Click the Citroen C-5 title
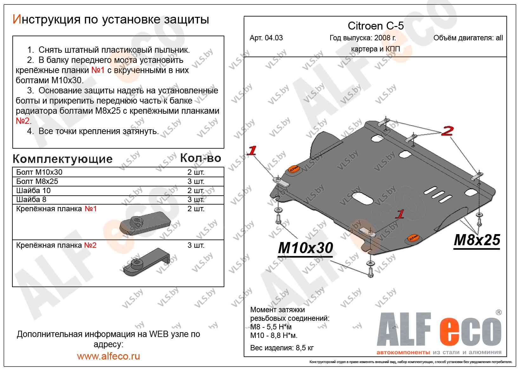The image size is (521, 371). click(x=376, y=26)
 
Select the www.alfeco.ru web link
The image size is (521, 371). click(x=108, y=356)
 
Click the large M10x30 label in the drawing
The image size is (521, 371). click(x=305, y=248)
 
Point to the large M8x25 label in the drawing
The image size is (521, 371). click(x=477, y=240)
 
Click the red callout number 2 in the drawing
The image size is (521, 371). click(x=447, y=131)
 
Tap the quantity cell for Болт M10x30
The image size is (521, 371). click(x=196, y=172)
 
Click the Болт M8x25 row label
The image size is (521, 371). click(x=37, y=181)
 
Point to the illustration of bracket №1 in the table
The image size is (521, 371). click(x=146, y=223)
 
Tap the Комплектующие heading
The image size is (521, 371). click(x=63, y=159)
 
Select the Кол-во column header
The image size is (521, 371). click(x=201, y=158)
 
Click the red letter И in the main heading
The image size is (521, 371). click(x=16, y=20)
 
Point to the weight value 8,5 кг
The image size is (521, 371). click(x=303, y=348)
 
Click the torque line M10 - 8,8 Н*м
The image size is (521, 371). click(x=274, y=336)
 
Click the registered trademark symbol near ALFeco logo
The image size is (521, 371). click(x=498, y=313)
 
